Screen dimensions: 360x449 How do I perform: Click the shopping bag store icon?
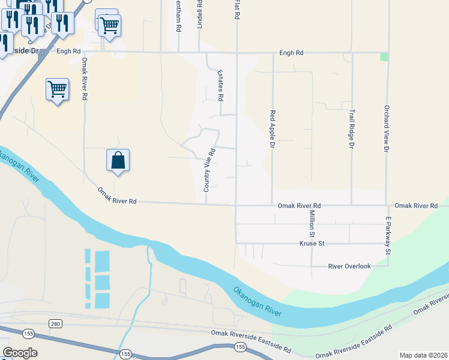coord(118,161)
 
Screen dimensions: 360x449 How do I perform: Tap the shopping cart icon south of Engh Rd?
coord(57,89)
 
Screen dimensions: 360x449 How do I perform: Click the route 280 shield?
coord(56,324)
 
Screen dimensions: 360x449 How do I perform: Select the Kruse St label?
coord(312,244)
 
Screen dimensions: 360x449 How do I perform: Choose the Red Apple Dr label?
coord(273,128)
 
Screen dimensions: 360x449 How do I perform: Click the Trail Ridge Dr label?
coord(352,128)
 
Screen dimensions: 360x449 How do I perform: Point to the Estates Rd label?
coord(221,85)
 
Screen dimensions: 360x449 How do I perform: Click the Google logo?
coord(20,352)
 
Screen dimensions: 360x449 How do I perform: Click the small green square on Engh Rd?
coord(384,57)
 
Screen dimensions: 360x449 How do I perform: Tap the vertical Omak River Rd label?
coord(85,79)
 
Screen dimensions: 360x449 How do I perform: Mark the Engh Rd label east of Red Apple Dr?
coord(291,53)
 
